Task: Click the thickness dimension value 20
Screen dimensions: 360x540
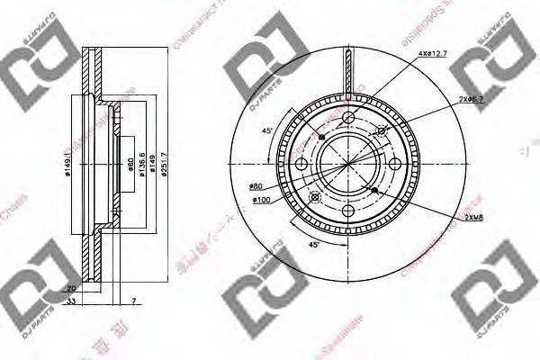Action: coord(71,288)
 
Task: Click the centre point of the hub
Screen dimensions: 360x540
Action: coord(347,163)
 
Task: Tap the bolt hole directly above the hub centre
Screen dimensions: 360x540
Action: coord(347,116)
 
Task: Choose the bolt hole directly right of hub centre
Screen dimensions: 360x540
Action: coord(394,163)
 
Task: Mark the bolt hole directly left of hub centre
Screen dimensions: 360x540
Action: coord(301,163)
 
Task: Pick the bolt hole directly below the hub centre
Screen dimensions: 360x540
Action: coord(347,210)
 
